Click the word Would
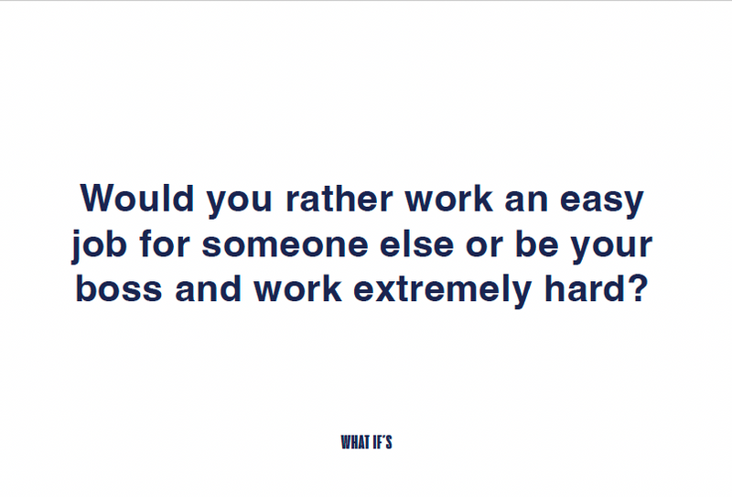136,199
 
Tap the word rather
339,199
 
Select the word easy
602,201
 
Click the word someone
285,244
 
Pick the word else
416,243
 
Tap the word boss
119,288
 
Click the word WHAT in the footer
356,442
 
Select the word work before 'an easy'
448,199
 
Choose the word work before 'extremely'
298,288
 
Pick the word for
165,243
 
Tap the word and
209,288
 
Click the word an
526,201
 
